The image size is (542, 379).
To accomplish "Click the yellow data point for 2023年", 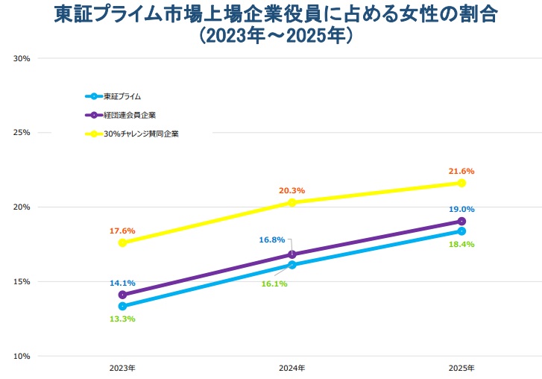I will click(122, 242).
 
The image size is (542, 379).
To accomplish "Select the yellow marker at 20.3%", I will click(292, 202).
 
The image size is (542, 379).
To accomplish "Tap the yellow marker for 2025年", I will click(461, 183).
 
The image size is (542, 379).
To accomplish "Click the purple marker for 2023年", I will click(122, 295).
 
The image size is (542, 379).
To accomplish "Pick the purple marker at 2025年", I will click(461, 222).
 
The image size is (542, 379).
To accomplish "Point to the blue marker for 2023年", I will click(122, 306).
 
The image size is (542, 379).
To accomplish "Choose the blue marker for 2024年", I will click(292, 265).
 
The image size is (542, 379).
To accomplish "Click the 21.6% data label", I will click(461, 171).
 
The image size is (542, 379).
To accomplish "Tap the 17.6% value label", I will click(122, 231).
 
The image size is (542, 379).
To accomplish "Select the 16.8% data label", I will click(271, 239).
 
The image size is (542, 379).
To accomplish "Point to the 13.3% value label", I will click(122, 319).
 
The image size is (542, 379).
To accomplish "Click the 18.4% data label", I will click(461, 244).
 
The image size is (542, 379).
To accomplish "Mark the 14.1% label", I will click(122, 283).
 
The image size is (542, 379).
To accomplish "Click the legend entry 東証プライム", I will click(122, 96).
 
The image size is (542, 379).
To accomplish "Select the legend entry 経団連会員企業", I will click(130, 116).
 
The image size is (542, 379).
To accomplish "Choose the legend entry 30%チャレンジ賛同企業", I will click(141, 134).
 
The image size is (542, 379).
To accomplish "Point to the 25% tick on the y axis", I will click(22, 132).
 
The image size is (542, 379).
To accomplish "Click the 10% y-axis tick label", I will click(22, 356).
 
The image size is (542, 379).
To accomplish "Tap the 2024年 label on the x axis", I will click(292, 369).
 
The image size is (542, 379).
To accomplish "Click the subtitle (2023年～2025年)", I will click(271, 35).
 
